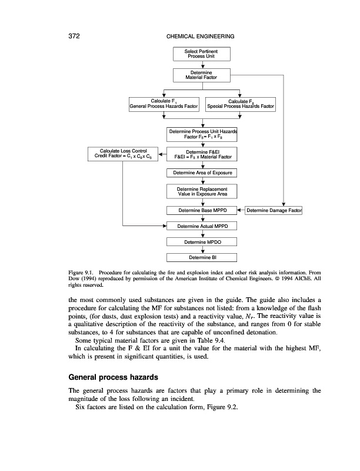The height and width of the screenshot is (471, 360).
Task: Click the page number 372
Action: [x=69, y=37]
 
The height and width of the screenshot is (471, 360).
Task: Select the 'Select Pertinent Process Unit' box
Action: [x=202, y=54]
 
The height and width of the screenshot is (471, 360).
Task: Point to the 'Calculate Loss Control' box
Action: [x=123, y=154]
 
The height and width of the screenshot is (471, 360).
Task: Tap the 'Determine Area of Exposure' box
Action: [x=202, y=173]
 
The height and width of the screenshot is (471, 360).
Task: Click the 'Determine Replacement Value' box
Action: [x=202, y=191]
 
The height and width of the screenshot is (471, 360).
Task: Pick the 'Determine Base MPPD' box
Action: [x=202, y=210]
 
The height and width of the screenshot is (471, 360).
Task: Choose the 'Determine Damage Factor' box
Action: [x=272, y=210]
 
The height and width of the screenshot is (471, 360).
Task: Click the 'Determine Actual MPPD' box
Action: [x=202, y=226]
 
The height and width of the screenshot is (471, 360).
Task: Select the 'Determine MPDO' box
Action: [x=202, y=241]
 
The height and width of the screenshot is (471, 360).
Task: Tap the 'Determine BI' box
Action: [x=202, y=257]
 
